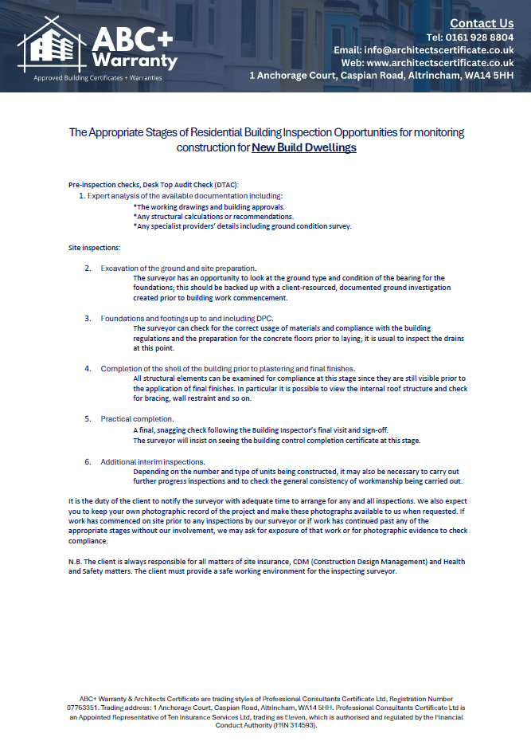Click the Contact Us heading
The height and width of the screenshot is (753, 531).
pos(482,23)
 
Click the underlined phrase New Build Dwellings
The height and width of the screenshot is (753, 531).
pos(304,147)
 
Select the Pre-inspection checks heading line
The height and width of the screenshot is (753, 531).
pos(148,185)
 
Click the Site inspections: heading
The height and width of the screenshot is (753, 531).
pos(95,249)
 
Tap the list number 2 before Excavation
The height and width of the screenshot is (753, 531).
pos(88,268)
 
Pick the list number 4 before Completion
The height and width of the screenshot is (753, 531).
pos(88,368)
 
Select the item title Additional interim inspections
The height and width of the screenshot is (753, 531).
pos(153,461)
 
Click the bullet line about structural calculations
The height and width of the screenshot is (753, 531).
pos(213,216)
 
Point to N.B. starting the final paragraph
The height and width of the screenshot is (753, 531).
pos(76,562)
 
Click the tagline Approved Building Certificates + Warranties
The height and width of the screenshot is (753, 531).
pos(97,78)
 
